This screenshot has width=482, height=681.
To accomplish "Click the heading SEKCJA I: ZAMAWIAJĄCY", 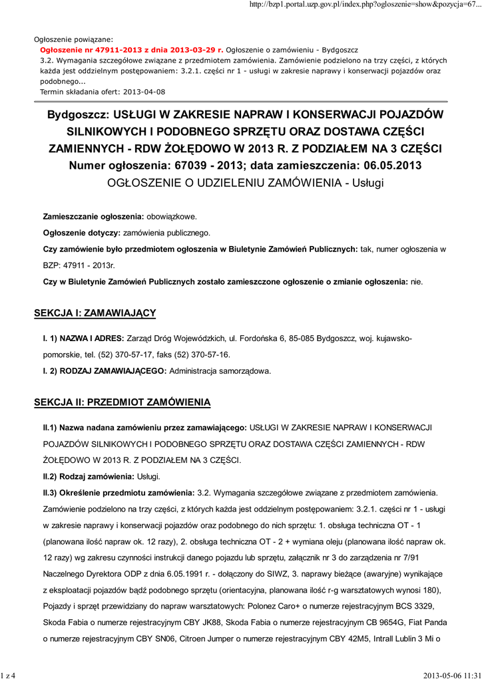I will pos(95,313).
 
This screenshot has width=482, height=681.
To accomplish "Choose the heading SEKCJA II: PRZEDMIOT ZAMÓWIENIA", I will pos(122,402).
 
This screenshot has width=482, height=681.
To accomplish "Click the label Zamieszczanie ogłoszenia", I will pos(93,217).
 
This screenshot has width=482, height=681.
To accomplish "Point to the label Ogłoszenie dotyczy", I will pos(81,233).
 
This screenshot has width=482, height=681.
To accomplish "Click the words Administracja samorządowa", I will pos(220,370).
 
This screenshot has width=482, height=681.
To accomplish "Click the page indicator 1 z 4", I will pos(8,676).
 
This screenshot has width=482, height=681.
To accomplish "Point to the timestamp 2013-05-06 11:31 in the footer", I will pos(449,676).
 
